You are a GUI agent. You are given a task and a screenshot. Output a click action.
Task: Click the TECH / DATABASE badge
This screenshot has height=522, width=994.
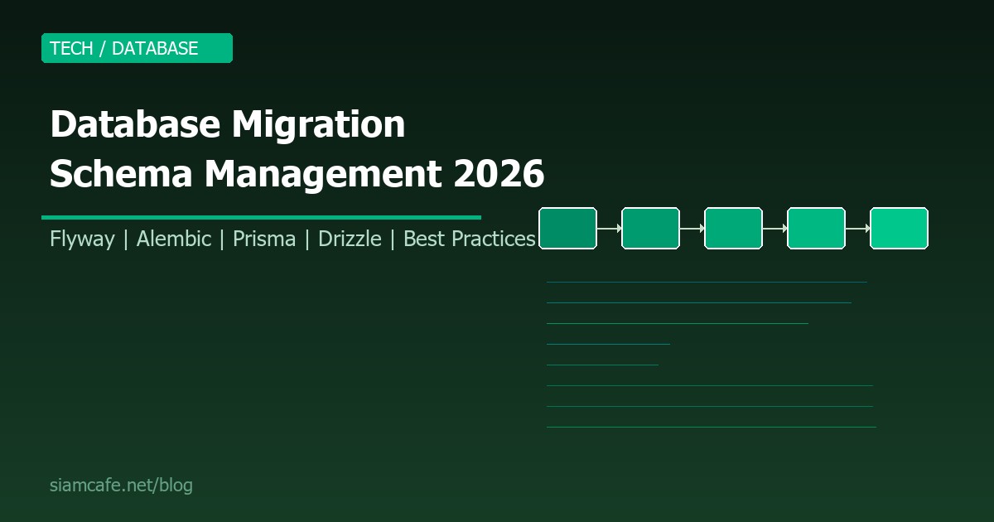[x=137, y=48]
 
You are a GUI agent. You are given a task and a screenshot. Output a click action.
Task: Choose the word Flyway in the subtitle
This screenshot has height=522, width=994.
[x=82, y=239]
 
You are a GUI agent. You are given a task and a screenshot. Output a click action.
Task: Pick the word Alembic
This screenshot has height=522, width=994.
[x=173, y=239]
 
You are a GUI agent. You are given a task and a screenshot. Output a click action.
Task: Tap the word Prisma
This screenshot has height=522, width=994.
[x=263, y=239]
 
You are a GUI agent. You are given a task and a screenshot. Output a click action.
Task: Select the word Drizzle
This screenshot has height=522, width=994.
[x=350, y=239]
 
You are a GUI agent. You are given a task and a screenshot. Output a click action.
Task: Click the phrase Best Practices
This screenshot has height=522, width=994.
[x=469, y=239]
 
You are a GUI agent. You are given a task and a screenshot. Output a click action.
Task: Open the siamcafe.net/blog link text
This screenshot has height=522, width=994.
[x=121, y=486]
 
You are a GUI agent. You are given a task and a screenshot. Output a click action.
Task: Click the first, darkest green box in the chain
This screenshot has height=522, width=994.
[x=567, y=228]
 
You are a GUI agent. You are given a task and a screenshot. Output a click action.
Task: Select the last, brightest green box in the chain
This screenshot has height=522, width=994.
[x=899, y=228]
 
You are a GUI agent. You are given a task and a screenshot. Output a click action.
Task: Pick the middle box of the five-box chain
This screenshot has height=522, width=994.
[x=733, y=228]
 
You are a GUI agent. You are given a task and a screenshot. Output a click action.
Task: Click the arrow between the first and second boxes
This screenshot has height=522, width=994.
[x=609, y=228]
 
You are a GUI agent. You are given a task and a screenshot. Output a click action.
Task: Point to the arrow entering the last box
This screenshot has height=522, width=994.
[x=857, y=228]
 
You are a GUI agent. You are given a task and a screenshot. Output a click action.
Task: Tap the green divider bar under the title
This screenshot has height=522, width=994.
[x=261, y=217]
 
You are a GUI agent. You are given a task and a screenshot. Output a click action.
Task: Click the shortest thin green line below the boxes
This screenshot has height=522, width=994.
[x=602, y=365]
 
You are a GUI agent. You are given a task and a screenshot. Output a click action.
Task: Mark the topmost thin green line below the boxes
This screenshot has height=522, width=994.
[x=707, y=283]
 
